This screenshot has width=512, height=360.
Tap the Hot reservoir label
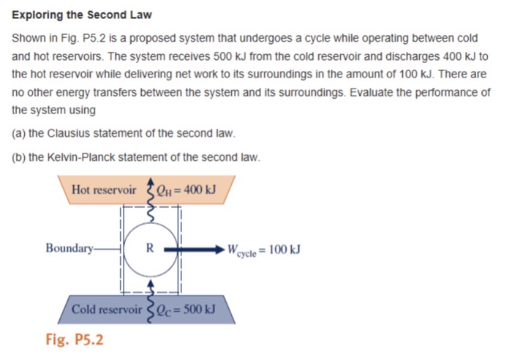104,190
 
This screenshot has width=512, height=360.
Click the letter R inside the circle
149,247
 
